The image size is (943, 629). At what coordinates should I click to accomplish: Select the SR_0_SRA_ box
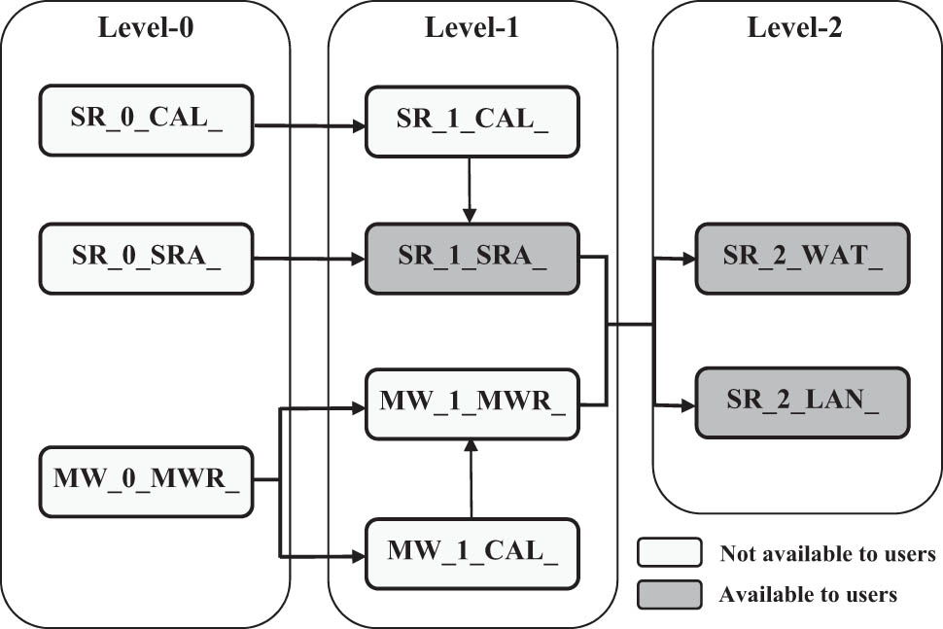(x=146, y=258)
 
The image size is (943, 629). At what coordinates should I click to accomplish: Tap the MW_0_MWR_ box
(x=146, y=480)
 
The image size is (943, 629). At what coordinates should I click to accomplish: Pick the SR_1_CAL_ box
(x=471, y=122)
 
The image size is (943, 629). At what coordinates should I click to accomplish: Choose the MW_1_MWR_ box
(x=471, y=402)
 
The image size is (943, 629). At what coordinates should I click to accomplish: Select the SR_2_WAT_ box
(x=802, y=258)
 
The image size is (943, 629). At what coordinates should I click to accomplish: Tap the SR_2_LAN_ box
(x=802, y=402)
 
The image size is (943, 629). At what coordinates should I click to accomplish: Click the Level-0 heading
(x=146, y=27)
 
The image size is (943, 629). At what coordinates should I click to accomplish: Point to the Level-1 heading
(x=471, y=27)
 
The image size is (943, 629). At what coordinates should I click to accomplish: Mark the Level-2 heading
(x=794, y=27)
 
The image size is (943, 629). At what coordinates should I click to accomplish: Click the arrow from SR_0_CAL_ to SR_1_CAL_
(x=309, y=125)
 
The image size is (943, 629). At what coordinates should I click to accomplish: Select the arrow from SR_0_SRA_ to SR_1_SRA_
(x=309, y=259)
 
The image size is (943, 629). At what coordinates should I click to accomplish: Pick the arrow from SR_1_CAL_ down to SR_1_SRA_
(x=470, y=190)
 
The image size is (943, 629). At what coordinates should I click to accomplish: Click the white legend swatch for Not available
(x=669, y=553)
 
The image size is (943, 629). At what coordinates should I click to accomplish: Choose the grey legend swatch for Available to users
(x=669, y=594)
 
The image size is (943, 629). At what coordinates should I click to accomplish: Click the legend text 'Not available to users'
(x=826, y=554)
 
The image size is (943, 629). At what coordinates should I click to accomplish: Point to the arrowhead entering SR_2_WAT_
(x=687, y=259)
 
